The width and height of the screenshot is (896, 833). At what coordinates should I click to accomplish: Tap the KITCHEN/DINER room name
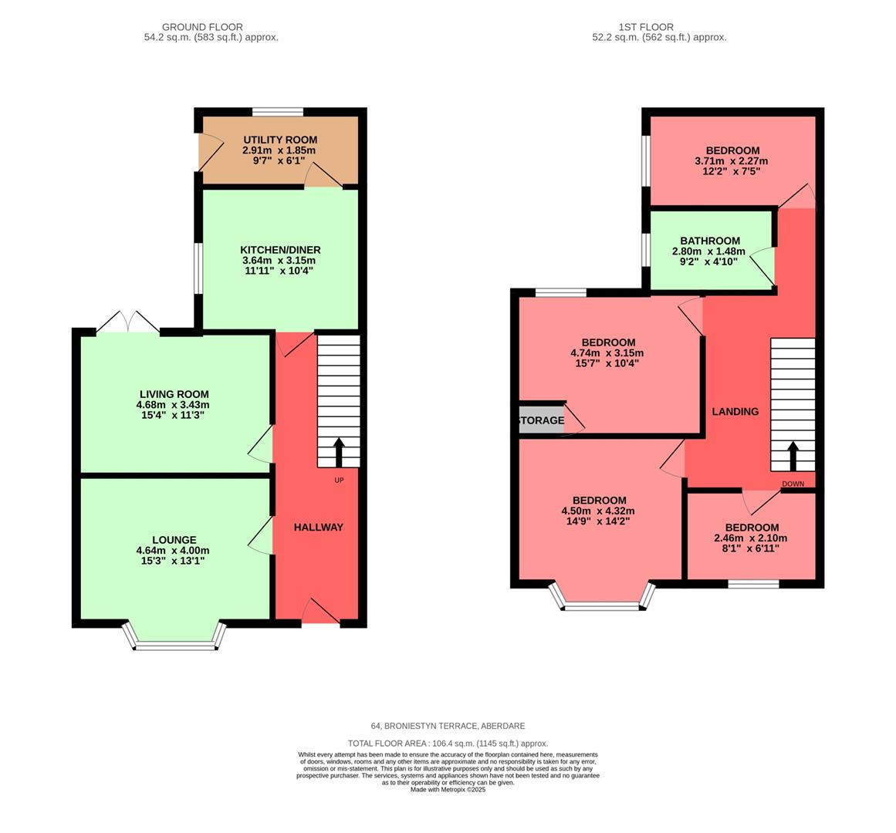point(280,250)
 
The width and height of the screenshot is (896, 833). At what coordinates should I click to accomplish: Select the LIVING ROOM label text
point(174,394)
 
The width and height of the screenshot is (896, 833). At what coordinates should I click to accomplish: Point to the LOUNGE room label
point(174,540)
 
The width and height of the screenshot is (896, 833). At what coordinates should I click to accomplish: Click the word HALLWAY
point(318,527)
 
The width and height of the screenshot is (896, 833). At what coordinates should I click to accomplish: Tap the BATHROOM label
point(709,241)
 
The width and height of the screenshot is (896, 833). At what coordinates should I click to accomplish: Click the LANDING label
point(735,411)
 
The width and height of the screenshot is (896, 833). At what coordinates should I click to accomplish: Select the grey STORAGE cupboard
point(542,420)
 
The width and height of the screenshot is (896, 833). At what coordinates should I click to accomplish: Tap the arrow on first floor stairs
point(793,456)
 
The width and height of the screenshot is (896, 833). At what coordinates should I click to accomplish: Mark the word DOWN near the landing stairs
point(793,484)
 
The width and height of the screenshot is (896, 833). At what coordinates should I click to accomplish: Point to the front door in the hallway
point(320,613)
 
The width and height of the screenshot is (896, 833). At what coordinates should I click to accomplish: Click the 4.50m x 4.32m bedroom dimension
point(599,511)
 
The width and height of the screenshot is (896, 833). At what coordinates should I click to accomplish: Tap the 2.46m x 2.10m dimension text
point(751,538)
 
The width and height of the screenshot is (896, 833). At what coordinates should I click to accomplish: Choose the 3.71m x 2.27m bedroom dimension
point(732,161)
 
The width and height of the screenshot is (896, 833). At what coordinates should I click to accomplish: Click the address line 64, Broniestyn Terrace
point(448,726)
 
